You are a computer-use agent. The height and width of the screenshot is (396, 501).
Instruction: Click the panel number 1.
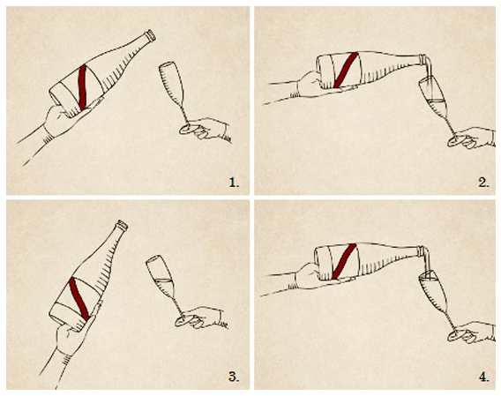tap(234, 183)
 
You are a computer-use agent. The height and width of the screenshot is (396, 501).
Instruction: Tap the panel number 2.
tap(483, 183)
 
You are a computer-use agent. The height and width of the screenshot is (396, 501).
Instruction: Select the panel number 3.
tap(234, 377)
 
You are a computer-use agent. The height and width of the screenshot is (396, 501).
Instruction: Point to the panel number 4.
tap(483, 377)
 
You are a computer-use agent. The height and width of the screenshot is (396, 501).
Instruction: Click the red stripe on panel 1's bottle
tap(83, 87)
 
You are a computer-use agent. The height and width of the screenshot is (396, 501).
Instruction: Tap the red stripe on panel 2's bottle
tap(346, 70)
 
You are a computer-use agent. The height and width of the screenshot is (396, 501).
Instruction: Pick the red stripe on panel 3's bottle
tap(79, 298)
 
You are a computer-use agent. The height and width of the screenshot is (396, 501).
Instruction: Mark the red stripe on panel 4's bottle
tap(344, 261)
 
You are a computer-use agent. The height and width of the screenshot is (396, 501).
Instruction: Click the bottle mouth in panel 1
tap(151, 35)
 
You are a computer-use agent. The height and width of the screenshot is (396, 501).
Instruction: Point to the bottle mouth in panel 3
tap(123, 225)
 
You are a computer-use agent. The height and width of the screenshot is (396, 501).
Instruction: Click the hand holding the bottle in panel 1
tap(64, 120)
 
